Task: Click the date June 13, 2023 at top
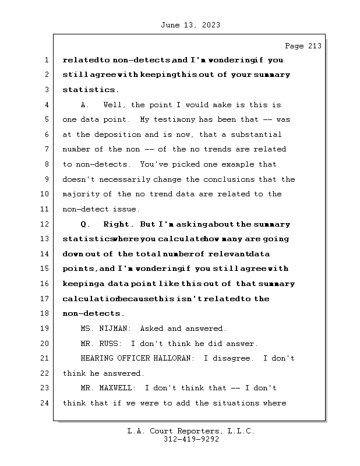pyautogui.click(x=189, y=25)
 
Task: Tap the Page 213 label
pyautogui.click(x=302, y=47)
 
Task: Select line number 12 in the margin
pyautogui.click(x=47, y=224)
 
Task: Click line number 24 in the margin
pyautogui.click(x=47, y=403)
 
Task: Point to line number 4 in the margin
pyautogui.click(x=47, y=105)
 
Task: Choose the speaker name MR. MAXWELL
pyautogui.click(x=109, y=388)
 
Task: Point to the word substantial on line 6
pyautogui.click(x=264, y=135)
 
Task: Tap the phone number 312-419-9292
pyautogui.click(x=191, y=440)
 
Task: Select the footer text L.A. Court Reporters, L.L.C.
pyautogui.click(x=191, y=432)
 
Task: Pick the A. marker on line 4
pyautogui.click(x=84, y=105)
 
